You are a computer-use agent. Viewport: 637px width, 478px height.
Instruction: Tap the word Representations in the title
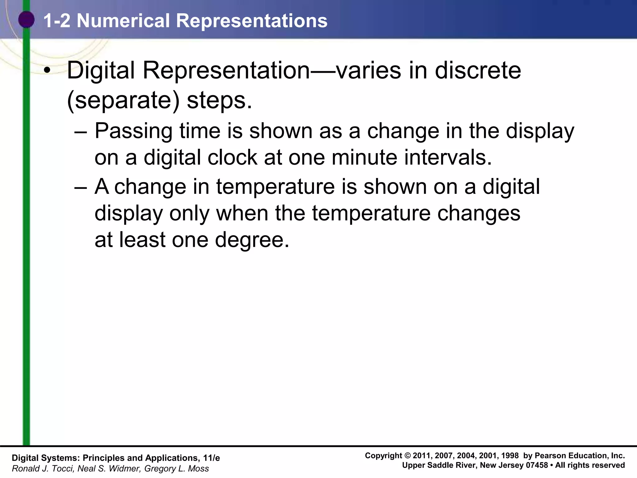point(252,21)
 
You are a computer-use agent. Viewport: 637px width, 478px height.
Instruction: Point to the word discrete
point(478,70)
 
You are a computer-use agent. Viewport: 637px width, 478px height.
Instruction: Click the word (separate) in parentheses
point(123,101)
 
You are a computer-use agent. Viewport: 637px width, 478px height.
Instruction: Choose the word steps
point(219,101)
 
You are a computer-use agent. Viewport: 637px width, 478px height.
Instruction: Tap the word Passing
point(133,131)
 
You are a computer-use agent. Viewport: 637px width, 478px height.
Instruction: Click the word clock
point(232,157)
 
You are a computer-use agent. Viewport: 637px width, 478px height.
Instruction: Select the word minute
point(364,157)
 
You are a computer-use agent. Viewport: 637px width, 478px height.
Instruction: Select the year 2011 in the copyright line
point(422,456)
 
